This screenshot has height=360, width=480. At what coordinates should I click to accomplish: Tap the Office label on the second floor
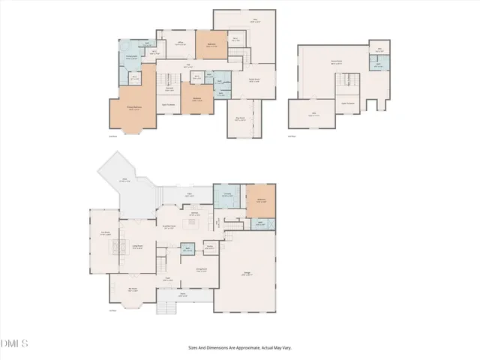(x=180, y=43)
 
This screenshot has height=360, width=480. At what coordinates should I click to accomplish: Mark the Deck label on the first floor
(x=124, y=180)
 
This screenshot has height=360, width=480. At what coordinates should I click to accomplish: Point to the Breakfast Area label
(x=169, y=226)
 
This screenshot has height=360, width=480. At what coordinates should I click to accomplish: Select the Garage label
(x=246, y=273)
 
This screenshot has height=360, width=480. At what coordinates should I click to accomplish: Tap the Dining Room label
(x=202, y=269)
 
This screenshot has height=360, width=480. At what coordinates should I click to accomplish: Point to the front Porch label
(x=182, y=294)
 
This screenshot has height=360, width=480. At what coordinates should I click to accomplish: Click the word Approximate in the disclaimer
(x=245, y=347)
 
